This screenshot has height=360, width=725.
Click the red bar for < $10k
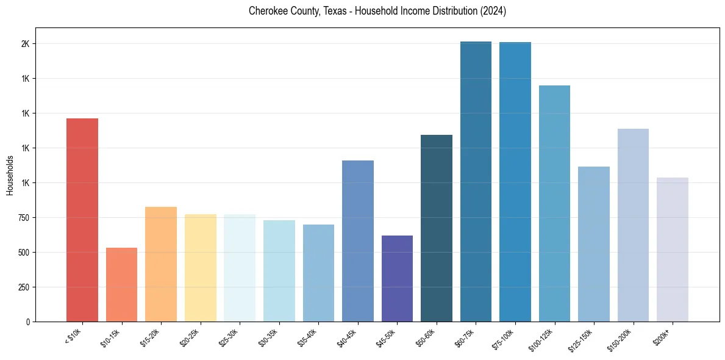[82, 220]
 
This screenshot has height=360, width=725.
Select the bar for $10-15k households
[121, 284]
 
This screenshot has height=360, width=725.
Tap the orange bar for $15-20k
[161, 264]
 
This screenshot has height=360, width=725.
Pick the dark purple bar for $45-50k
[397, 278]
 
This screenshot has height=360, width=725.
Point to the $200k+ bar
[673, 250]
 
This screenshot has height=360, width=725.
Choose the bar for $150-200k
[633, 225]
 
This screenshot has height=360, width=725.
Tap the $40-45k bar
[358, 241]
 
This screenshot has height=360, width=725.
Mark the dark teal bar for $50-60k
[437, 228]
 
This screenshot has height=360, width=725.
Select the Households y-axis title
[10, 175]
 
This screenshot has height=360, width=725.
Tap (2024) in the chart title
[493, 11]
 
